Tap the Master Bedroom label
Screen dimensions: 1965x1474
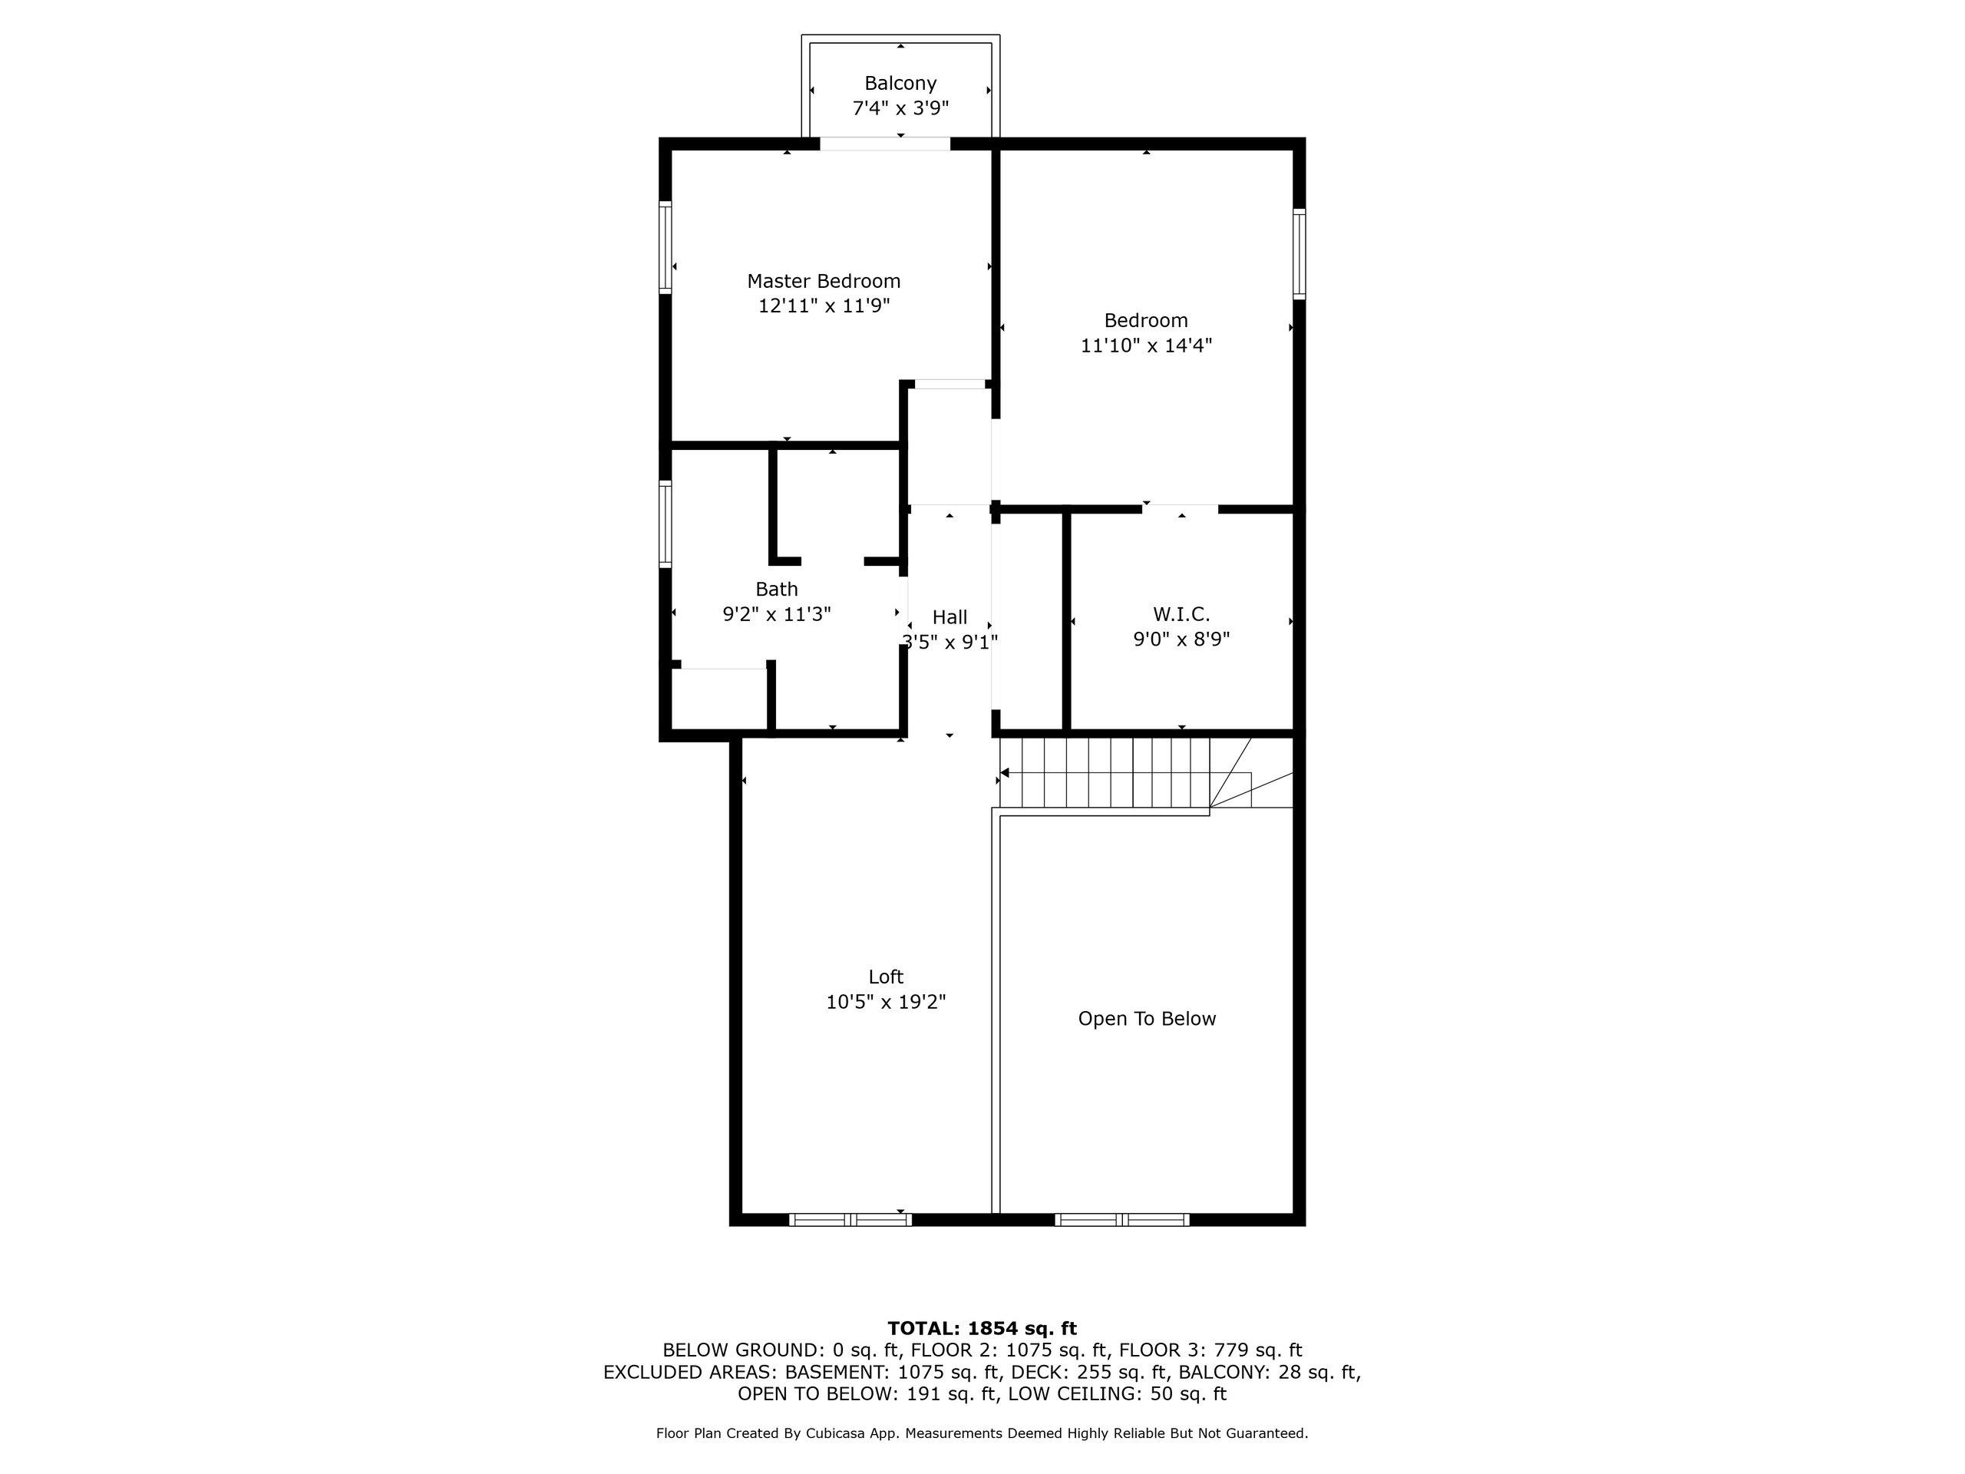(824, 282)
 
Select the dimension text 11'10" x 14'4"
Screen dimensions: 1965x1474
(1146, 345)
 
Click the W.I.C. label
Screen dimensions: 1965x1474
(1181, 614)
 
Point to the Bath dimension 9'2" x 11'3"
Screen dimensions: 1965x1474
(777, 614)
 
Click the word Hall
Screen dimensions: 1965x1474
(949, 617)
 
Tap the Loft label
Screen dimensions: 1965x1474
(886, 977)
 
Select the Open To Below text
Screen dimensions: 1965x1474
(1147, 1019)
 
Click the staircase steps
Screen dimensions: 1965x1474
(1105, 773)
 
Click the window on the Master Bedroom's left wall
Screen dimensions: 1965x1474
(665, 247)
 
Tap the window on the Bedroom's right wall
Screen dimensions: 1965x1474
(1300, 253)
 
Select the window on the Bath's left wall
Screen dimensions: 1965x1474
(665, 524)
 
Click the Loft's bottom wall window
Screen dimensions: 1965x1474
(850, 1220)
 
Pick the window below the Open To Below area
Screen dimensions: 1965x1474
(1122, 1220)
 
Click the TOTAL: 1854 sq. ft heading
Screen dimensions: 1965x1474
(982, 1328)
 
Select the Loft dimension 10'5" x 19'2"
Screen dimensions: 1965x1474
(886, 1002)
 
